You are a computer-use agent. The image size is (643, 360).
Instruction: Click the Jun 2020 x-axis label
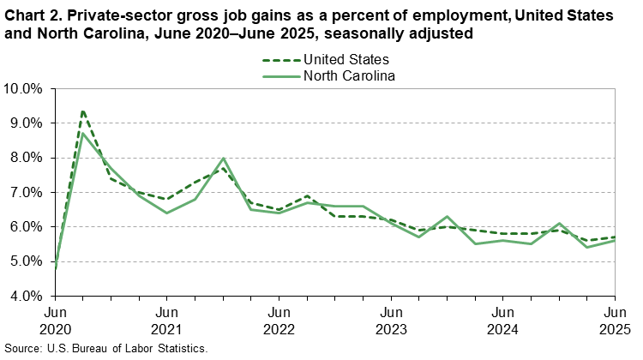56,319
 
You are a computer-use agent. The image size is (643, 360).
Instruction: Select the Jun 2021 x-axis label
167,319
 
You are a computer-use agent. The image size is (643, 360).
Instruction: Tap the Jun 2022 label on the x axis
279,319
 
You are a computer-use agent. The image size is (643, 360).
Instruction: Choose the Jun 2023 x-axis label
391,319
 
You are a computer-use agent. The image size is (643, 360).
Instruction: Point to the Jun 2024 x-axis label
503,319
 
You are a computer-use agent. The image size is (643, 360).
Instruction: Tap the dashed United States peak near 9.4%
83,111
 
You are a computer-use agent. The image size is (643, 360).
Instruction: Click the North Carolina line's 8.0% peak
223,159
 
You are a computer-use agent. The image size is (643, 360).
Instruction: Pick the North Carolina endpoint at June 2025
615,241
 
